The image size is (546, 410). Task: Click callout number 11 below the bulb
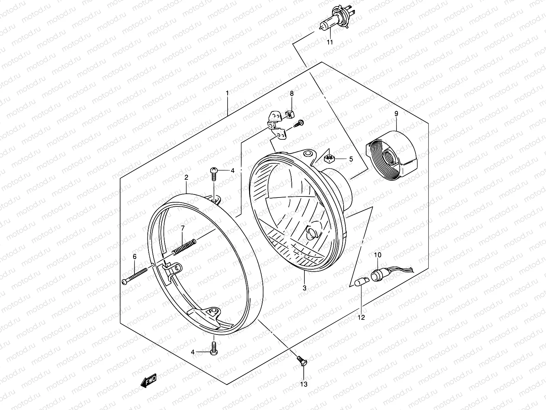pos(330,42)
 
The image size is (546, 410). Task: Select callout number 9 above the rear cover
pos(396,114)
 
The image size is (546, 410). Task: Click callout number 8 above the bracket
pos(292,93)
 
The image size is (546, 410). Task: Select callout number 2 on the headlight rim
pos(186,177)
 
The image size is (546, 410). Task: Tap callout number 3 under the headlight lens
pos(304,288)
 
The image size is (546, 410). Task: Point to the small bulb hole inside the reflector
pos(312,233)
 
